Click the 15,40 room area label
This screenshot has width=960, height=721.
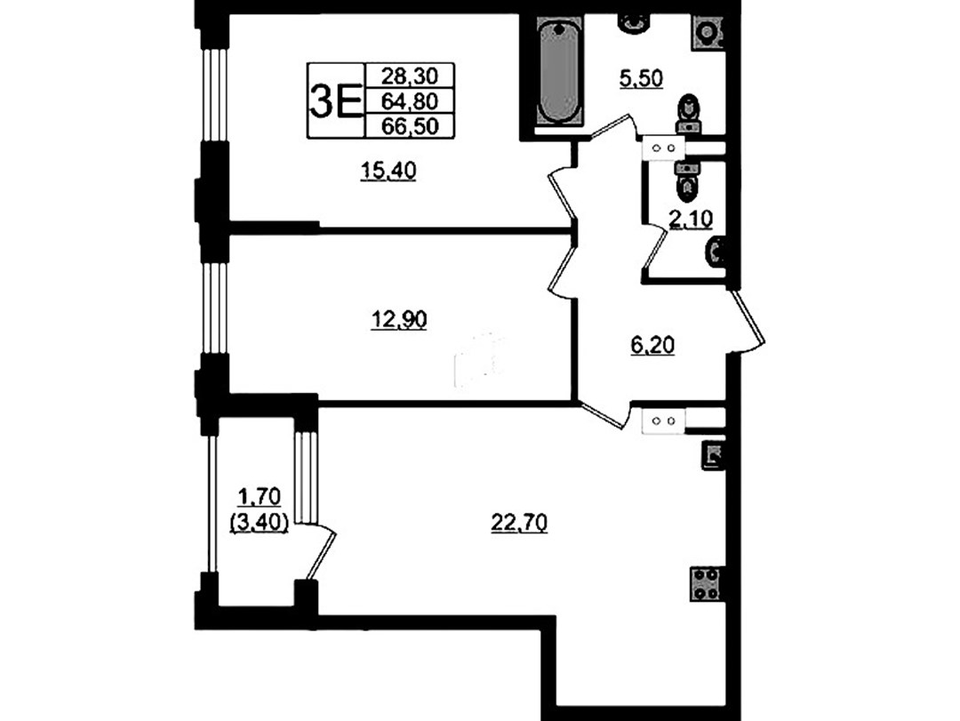point(388,171)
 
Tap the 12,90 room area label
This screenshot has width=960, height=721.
point(399,320)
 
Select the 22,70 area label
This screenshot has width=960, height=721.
point(519,523)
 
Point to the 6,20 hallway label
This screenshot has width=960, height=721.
point(652,346)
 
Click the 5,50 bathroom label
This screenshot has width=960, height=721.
point(641,78)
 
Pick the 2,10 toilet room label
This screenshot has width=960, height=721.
point(692,220)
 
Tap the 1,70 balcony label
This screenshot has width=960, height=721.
point(259,496)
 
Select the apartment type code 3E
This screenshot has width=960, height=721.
point(335,101)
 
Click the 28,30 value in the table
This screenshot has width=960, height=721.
point(410,76)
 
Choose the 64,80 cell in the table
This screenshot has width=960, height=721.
point(410,100)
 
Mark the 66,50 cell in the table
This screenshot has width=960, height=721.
point(410,126)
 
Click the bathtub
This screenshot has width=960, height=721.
point(557,74)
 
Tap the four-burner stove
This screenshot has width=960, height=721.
point(705,584)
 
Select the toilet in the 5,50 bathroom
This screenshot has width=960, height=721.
point(690,114)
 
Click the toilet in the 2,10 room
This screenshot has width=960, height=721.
point(687,182)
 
